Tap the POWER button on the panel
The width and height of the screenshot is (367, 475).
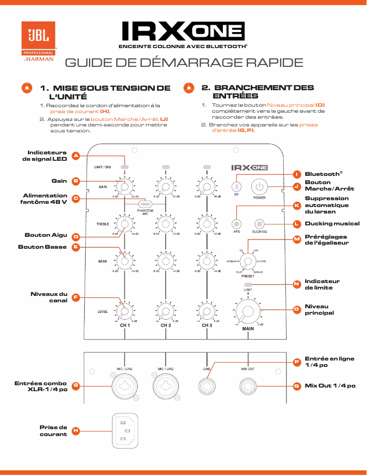[x=259, y=186]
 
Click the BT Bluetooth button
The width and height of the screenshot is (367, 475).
[x=236, y=186]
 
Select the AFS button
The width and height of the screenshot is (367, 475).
[x=237, y=224]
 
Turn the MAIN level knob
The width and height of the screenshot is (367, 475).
[x=248, y=311]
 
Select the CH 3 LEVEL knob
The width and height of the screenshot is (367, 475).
[x=207, y=311]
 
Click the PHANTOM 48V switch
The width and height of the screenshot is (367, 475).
[x=145, y=204]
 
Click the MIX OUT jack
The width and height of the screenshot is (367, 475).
[x=248, y=386]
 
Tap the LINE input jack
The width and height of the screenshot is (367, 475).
[x=207, y=386]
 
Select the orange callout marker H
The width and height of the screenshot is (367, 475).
[x=76, y=431]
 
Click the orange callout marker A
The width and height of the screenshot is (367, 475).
[x=76, y=156]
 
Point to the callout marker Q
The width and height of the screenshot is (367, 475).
[x=297, y=386]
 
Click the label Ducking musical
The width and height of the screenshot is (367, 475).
[x=332, y=224]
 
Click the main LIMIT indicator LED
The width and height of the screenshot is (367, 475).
[x=248, y=284]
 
